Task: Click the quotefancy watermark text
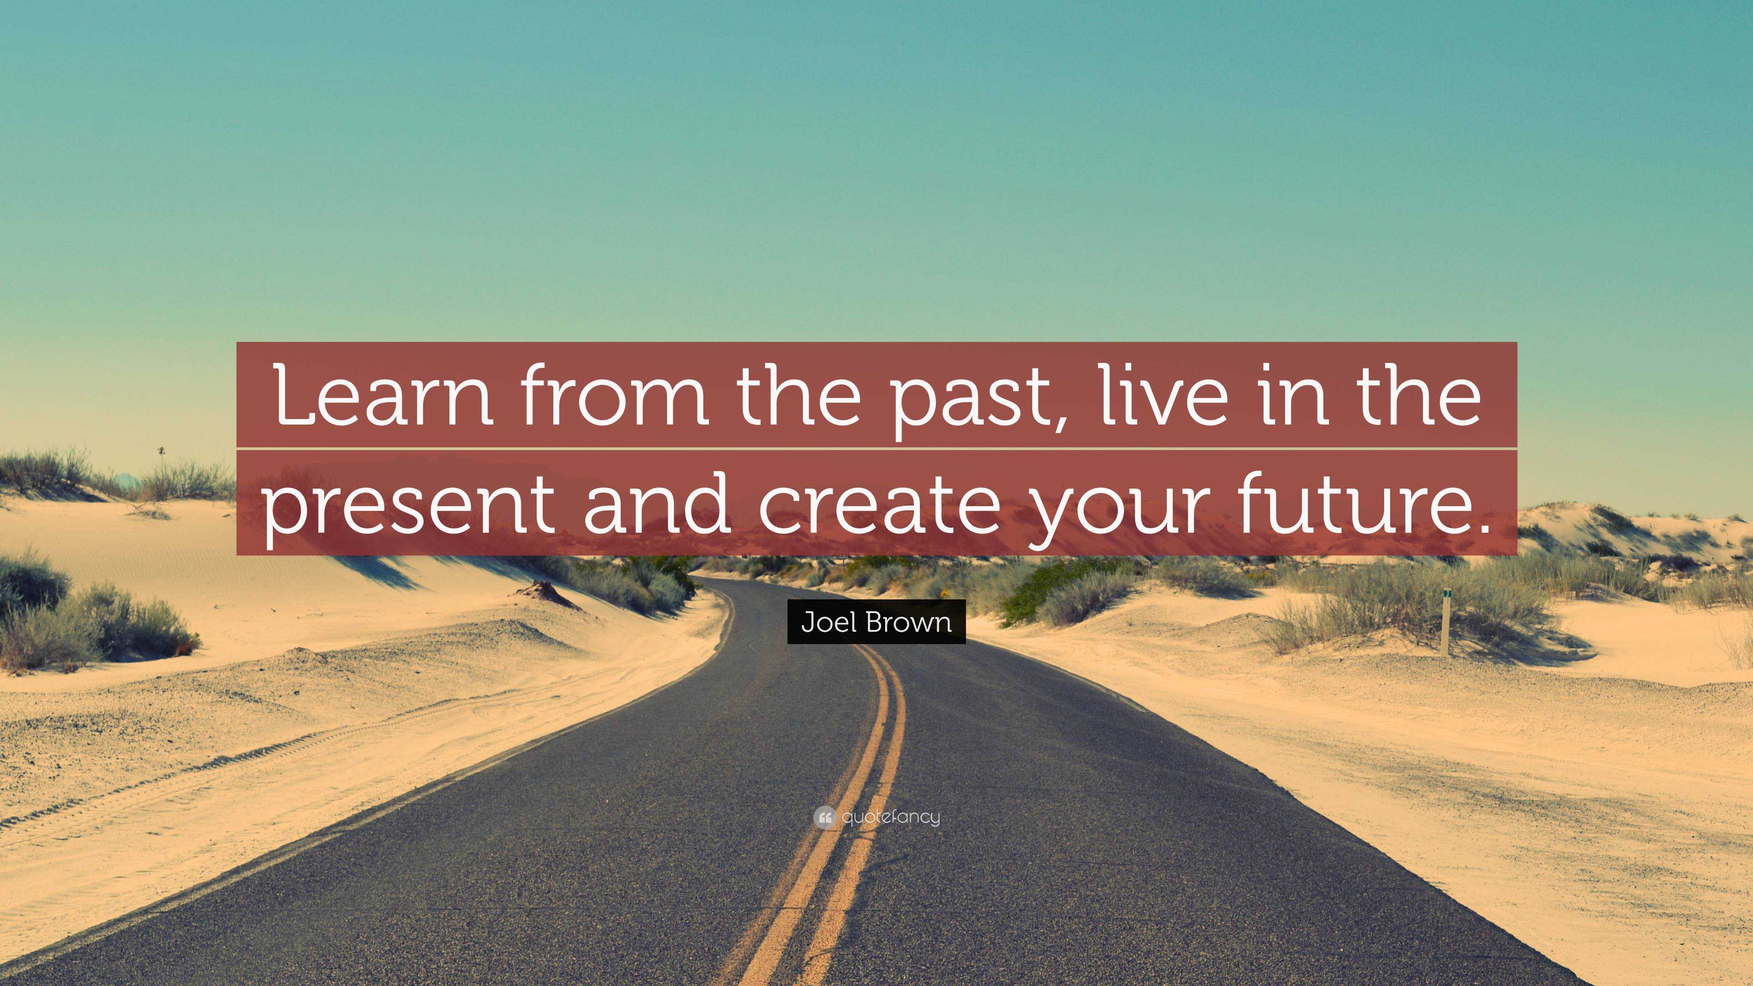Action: (890, 817)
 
